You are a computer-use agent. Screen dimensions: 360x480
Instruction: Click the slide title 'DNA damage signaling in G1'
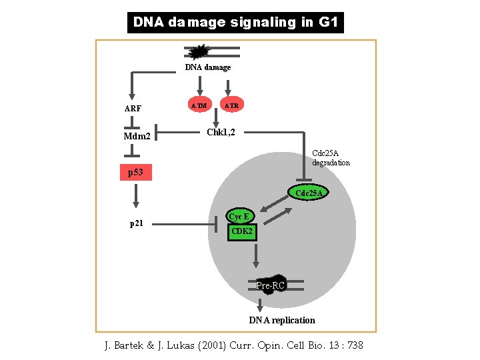coord(235,22)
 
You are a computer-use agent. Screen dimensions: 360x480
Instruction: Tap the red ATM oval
coord(198,105)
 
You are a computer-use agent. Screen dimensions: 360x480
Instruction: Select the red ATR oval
coord(231,105)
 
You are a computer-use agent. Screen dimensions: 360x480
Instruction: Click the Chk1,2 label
coord(220,132)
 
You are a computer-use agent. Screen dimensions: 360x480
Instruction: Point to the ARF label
coord(133,108)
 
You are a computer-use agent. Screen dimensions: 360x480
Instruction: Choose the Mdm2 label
coord(137,137)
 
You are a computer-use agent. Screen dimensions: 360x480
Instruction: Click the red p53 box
coord(136,173)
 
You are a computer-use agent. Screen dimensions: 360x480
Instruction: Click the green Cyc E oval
coord(239,217)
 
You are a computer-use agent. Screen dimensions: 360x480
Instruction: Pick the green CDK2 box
coord(241,231)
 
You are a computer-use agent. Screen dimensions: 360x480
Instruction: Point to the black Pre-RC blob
coord(271,285)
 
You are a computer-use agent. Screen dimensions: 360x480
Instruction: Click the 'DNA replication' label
coord(282,321)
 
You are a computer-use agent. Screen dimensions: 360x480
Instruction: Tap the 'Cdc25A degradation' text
coord(331,158)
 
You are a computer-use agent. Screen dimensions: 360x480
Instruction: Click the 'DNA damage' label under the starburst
coord(208,67)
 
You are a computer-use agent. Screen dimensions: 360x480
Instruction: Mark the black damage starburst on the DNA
coord(199,51)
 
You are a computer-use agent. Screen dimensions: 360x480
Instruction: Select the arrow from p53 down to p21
coord(136,196)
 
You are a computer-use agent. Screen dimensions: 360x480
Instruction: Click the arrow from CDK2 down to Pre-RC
coord(255,255)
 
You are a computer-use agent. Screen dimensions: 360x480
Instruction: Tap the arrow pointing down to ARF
coord(133,85)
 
